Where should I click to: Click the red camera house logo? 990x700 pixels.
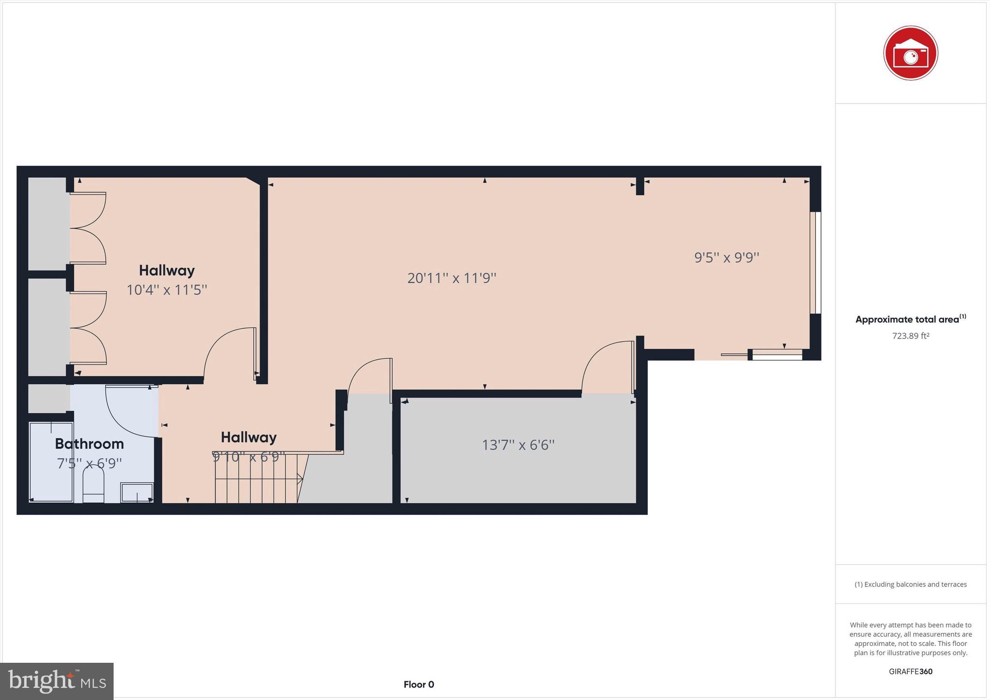tap(910, 53)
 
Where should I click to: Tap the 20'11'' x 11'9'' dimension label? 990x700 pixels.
tap(451, 278)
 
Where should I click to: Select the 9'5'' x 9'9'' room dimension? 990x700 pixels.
tap(727, 257)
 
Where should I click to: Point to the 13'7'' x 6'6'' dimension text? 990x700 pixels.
tap(518, 445)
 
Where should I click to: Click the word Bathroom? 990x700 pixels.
tap(89, 443)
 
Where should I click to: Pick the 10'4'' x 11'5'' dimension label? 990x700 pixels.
tap(167, 290)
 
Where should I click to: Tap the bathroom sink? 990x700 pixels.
tap(137, 492)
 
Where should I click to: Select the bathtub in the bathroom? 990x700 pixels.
tap(51, 462)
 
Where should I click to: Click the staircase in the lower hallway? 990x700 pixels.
tap(256, 479)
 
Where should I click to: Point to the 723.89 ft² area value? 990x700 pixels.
tap(910, 336)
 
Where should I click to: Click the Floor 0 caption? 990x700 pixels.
tap(419, 685)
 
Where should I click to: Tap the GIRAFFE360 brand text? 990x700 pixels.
tap(910, 671)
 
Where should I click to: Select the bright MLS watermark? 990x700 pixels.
tap(57, 681)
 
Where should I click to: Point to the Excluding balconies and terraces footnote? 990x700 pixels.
tap(910, 584)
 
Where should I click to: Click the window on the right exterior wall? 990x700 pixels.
tap(815, 262)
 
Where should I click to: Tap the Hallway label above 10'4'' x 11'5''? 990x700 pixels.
tap(167, 270)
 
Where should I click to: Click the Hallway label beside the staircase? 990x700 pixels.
tap(248, 437)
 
